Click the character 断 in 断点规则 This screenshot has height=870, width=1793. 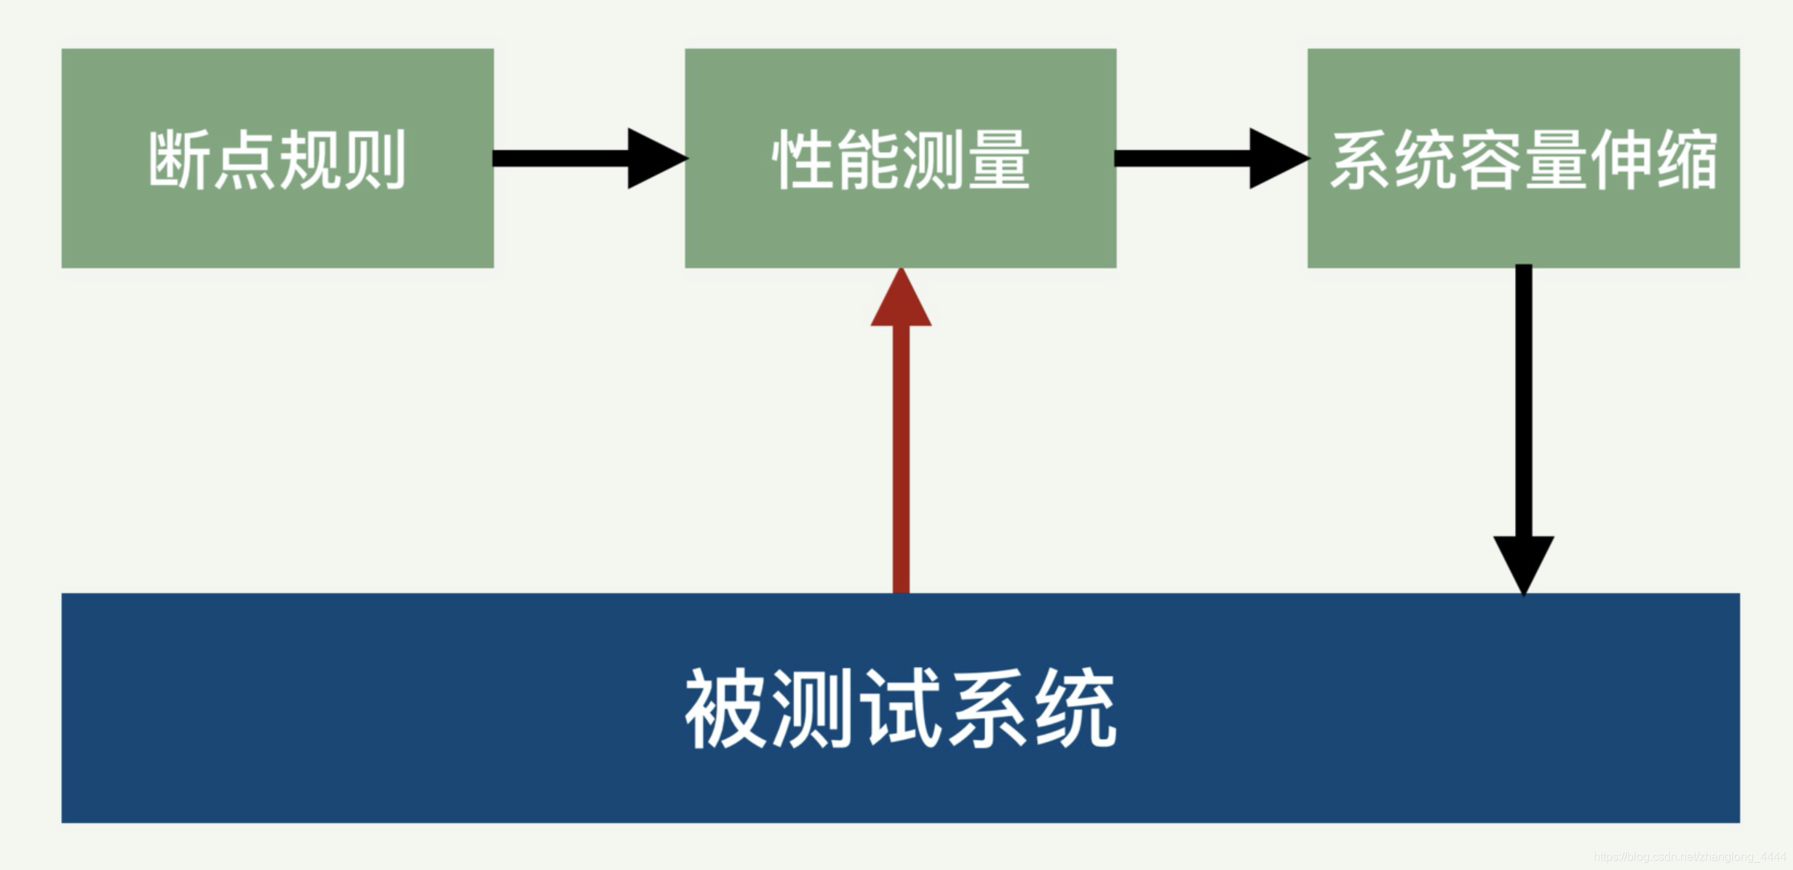[179, 160]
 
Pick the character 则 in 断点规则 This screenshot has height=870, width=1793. [375, 160]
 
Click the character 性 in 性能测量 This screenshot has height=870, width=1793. [803, 160]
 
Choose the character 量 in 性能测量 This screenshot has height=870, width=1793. [998, 160]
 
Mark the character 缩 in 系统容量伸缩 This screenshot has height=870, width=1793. [1687, 160]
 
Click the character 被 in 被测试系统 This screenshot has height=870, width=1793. [725, 709]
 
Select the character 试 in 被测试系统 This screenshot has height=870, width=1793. [900, 709]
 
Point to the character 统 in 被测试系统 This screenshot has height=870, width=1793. [1076, 709]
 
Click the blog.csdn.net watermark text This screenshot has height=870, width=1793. [1689, 857]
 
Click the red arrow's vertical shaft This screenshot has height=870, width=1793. [901, 458]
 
